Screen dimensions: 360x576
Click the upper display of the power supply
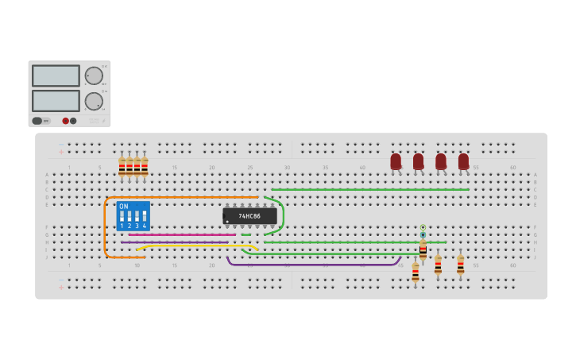pyautogui.click(x=56, y=75)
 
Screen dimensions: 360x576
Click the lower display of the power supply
pyautogui.click(x=56, y=101)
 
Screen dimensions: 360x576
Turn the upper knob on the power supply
pyautogui.click(x=94, y=75)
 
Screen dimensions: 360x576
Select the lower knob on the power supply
pyautogui.click(x=94, y=101)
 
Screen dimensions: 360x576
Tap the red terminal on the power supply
pyautogui.click(x=65, y=121)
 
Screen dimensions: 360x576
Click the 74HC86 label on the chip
pyautogui.click(x=249, y=216)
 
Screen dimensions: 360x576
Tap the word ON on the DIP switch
pyautogui.click(x=124, y=207)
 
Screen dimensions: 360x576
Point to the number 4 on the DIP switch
pyautogui.click(x=145, y=226)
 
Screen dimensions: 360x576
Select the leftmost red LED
pyautogui.click(x=396, y=161)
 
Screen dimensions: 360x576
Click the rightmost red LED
pyautogui.click(x=463, y=161)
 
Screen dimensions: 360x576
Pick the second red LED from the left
pyautogui.click(x=418, y=161)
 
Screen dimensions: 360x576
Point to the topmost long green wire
pyautogui.click(x=369, y=189)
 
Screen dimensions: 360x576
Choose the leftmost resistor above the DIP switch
pyautogui.click(x=122, y=167)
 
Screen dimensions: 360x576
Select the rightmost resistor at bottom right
pyautogui.click(x=460, y=264)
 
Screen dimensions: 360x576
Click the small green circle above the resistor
pyautogui.click(x=423, y=228)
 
